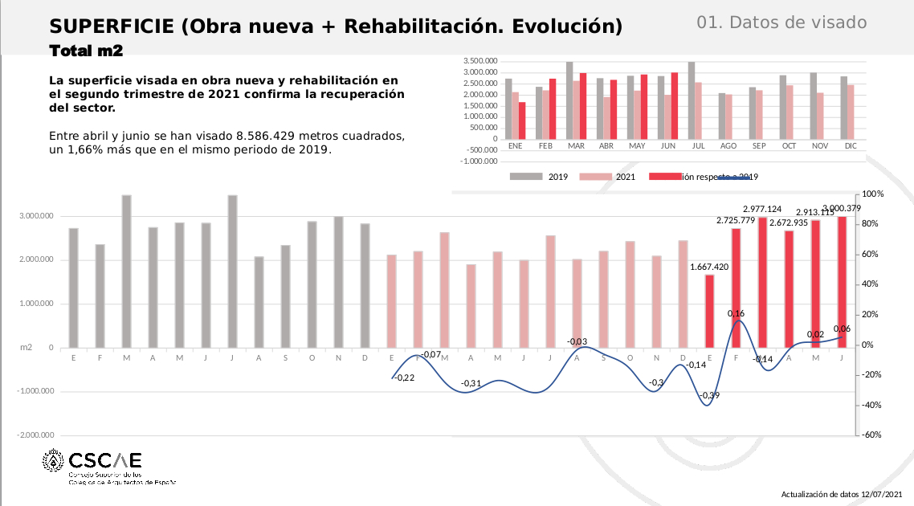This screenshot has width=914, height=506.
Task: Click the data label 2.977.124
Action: (762, 209)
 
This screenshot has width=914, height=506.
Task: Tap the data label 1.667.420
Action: (709, 267)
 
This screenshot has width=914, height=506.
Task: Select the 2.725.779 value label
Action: (736, 220)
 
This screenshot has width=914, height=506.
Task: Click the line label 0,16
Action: (736, 314)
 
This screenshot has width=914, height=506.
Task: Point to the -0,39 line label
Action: (709, 395)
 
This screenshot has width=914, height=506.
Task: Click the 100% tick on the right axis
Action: (872, 194)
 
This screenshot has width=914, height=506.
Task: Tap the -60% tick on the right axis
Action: (872, 435)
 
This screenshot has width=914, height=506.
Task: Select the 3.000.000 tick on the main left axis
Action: (37, 216)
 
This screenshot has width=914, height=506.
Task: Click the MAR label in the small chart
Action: (576, 146)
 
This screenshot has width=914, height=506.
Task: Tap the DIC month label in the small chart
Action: (851, 146)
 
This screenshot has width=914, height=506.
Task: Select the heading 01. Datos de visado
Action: (781, 22)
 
